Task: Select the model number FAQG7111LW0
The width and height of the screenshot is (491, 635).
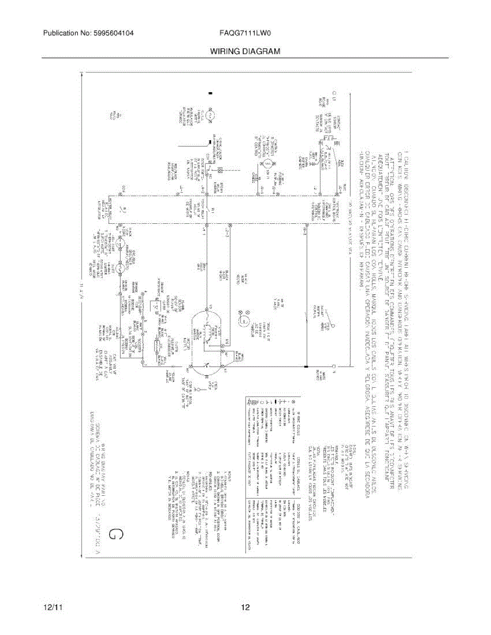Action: click(245, 33)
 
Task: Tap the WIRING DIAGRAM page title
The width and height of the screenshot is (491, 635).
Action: click(245, 51)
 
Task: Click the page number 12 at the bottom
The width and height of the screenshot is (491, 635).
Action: click(245, 607)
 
